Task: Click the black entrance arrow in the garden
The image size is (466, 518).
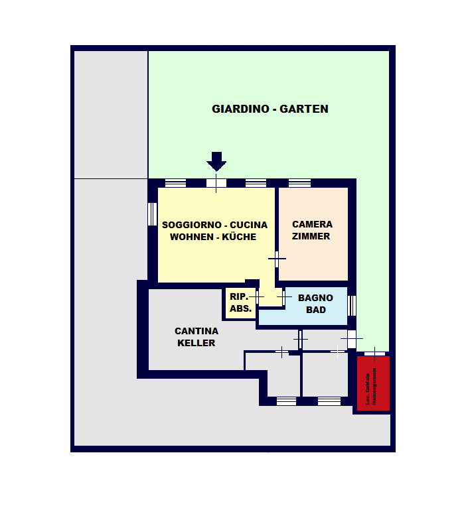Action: [216, 161]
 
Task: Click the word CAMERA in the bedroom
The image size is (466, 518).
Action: [312, 224]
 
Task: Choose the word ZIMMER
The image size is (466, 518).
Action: [311, 236]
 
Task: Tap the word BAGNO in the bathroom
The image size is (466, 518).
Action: [315, 298]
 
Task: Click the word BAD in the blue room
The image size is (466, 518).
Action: [316, 310]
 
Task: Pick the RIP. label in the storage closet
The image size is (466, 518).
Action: [238, 296]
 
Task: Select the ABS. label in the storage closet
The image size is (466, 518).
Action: [240, 308]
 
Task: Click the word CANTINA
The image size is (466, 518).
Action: [196, 331]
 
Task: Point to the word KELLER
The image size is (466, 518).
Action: [196, 343]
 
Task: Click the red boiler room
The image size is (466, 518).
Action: [373, 385]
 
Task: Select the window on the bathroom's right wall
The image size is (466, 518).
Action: [352, 306]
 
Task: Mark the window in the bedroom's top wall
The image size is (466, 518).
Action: [299, 183]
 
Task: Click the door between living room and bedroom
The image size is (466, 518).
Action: [276, 258]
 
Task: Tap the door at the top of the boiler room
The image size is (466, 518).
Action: [374, 352]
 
